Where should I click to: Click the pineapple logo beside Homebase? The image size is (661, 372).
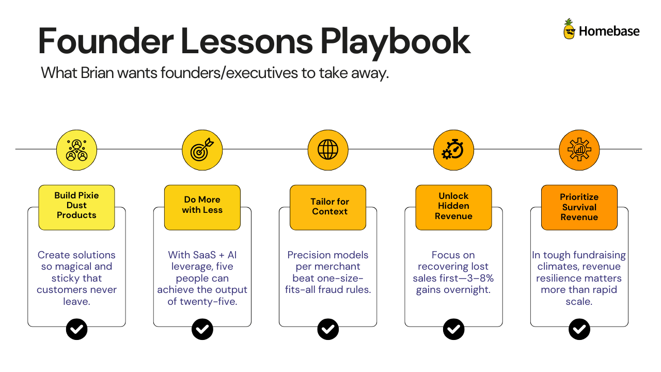tap(569, 29)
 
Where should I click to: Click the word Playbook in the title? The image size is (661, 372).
tap(396, 42)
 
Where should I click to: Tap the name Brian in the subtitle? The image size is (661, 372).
tap(97, 73)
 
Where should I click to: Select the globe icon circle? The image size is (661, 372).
tap(328, 150)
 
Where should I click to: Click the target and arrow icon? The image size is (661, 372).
tap(202, 150)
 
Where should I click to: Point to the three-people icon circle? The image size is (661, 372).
tap(77, 150)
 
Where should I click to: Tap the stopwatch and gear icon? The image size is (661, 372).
tap(453, 150)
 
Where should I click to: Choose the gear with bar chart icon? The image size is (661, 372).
tap(579, 150)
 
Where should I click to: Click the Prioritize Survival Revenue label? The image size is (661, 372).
tap(579, 207)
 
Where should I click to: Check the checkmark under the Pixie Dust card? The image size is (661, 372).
tap(77, 329)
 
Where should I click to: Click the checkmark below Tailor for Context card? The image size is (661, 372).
tap(328, 329)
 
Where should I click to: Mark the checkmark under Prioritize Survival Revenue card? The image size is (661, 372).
tap(579, 329)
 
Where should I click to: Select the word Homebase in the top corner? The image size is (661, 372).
tap(609, 31)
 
